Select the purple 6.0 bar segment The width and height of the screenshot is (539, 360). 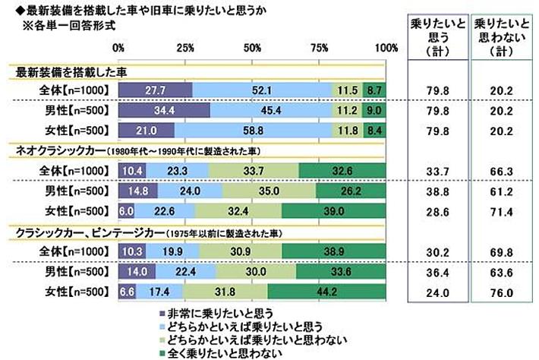[x=126, y=209]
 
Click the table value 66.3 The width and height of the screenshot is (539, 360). [x=501, y=171]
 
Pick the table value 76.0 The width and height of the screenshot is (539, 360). [x=501, y=290]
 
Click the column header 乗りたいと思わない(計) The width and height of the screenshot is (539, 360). [x=501, y=36]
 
